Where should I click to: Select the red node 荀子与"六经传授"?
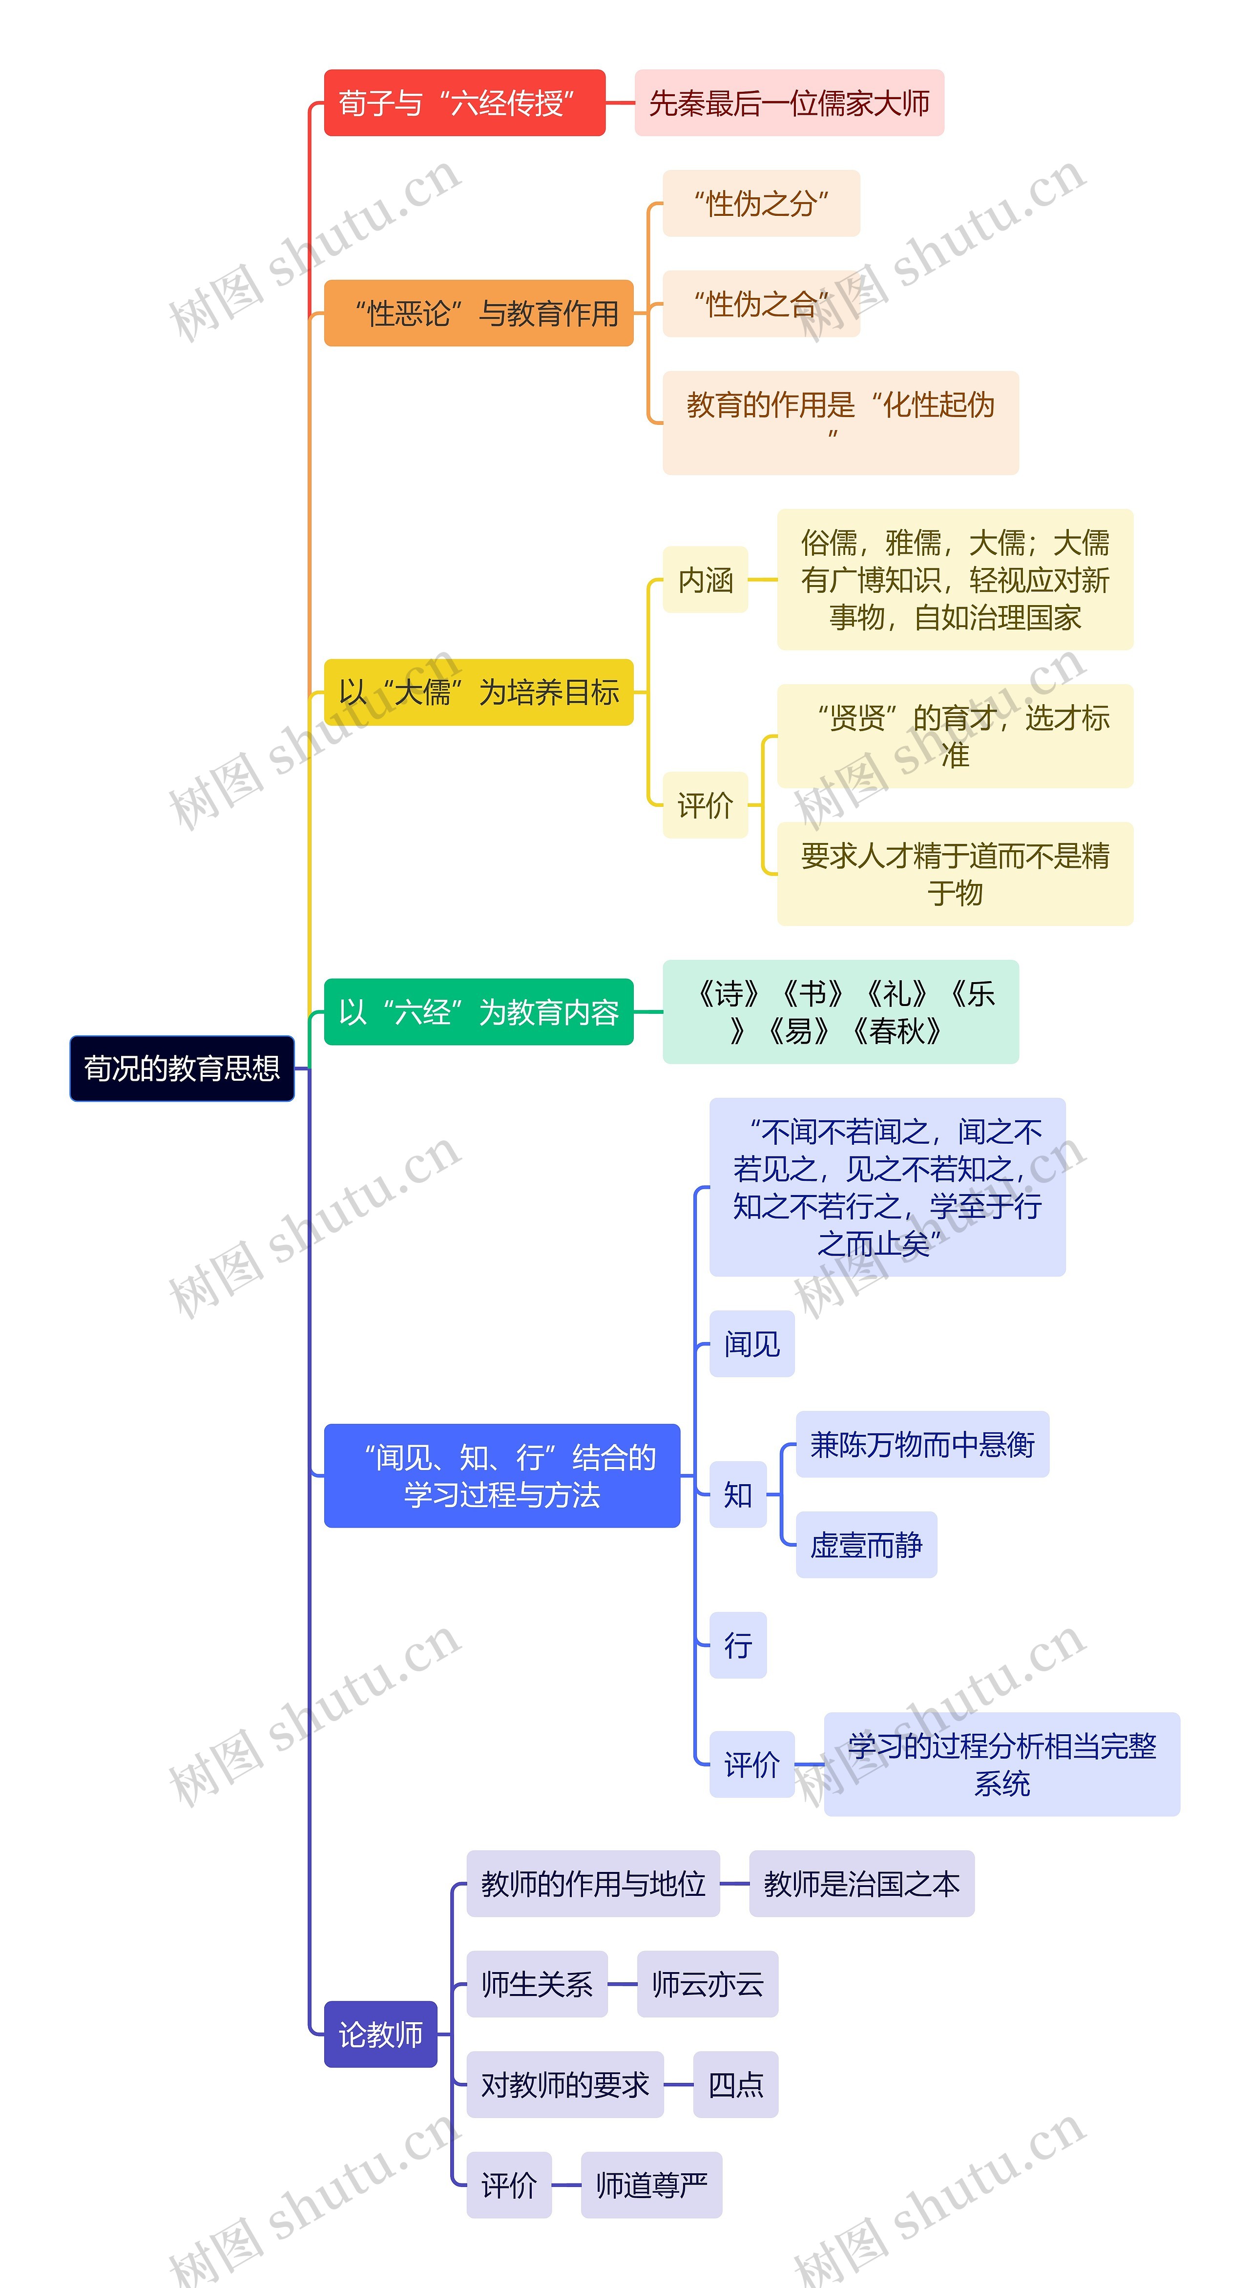click(x=464, y=103)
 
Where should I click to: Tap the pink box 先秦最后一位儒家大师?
click(x=789, y=103)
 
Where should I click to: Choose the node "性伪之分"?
click(x=761, y=203)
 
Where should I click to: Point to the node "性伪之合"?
click(x=761, y=304)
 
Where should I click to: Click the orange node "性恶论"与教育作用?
click(x=479, y=313)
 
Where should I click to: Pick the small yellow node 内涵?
click(x=705, y=580)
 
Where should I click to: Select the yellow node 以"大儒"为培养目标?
click(x=479, y=692)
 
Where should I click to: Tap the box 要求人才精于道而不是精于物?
click(x=955, y=874)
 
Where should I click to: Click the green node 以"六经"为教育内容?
click(x=479, y=1012)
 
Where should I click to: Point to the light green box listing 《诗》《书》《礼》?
click(x=841, y=1012)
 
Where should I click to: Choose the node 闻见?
click(x=752, y=1344)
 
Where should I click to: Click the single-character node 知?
click(x=738, y=1495)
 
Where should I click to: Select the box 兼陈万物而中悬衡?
click(x=922, y=1444)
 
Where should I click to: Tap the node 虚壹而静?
click(x=867, y=1545)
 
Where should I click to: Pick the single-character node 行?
click(x=738, y=1645)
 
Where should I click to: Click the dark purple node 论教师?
click(x=381, y=2034)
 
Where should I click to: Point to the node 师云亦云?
click(x=708, y=1984)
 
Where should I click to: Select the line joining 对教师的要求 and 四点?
click(x=678, y=2085)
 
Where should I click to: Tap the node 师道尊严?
click(x=652, y=2185)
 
